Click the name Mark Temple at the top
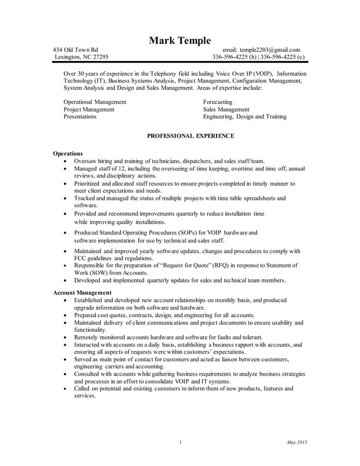(x=179, y=41)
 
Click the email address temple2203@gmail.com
(x=270, y=50)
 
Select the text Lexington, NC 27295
(x=81, y=57)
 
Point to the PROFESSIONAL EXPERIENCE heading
(x=190, y=136)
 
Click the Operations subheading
(x=68, y=153)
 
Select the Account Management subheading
(x=82, y=292)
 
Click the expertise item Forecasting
(x=218, y=102)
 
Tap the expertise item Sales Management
(x=226, y=109)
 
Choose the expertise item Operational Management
(x=94, y=102)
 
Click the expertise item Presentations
(x=80, y=117)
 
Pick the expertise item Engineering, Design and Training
(x=244, y=117)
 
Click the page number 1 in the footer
(x=179, y=442)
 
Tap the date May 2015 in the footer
(x=297, y=442)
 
